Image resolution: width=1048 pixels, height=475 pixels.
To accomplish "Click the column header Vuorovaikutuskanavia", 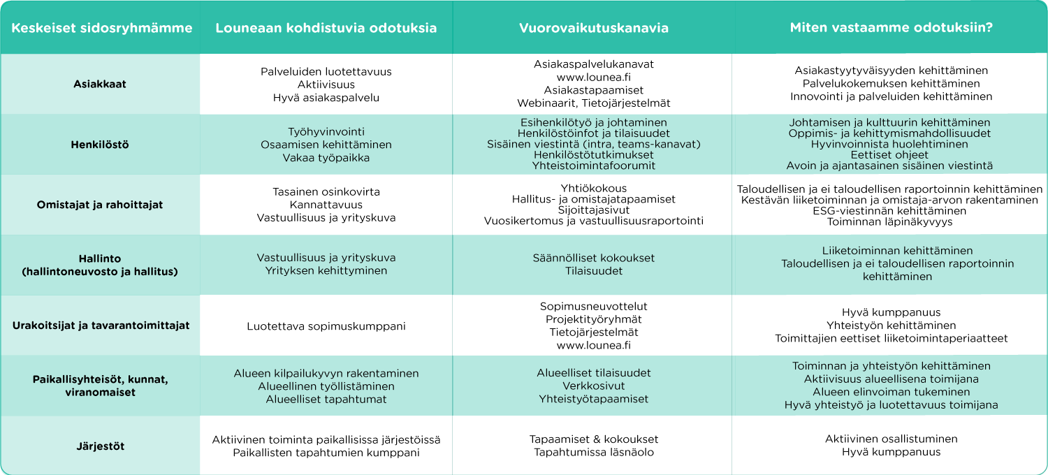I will pos(593,29).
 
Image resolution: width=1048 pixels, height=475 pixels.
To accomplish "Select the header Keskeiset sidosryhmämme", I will pos(101,29).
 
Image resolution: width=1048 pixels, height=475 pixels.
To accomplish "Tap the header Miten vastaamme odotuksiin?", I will pos(891,29).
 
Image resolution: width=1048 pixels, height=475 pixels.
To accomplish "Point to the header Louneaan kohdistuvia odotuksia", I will pos(326,29).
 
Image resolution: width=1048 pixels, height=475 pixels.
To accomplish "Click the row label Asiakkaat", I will pos(100,85).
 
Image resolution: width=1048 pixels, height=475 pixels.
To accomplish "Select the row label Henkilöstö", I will pos(100,145).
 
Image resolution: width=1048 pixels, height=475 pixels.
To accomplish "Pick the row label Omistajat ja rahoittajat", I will pos(101,205).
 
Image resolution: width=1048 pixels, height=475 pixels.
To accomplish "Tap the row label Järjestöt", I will pos(101,446).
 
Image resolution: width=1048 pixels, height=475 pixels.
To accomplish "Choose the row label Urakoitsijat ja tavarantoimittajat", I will pos(101,326).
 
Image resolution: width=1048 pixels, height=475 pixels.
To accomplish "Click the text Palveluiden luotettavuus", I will pos(326,72).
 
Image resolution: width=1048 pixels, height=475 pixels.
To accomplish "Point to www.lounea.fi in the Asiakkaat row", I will pos(593,78).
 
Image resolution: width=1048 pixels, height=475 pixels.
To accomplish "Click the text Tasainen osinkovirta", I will pos(326,191).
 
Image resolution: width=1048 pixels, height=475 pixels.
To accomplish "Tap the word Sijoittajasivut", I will pos(593,210).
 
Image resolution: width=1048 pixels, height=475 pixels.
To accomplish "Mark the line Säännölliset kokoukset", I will pos(593,258).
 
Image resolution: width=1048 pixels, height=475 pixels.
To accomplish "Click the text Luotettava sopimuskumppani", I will pos(326,326).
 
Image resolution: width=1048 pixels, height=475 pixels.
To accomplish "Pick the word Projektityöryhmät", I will pos(593,319).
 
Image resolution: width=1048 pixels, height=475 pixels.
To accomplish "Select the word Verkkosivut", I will pos(593,386).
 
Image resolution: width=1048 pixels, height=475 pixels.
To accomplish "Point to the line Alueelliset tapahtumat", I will pos(326,400).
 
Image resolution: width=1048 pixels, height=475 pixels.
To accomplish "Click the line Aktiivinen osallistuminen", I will pos(891,439).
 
